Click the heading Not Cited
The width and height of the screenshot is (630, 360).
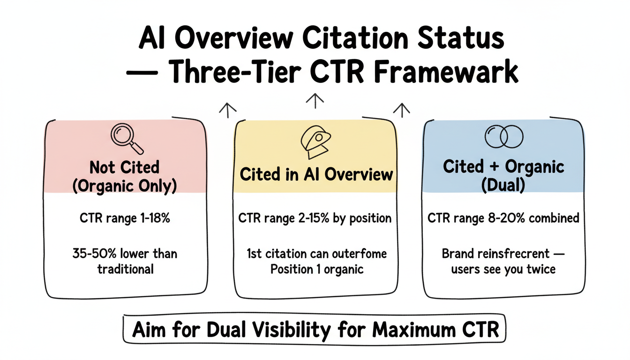coord(124,167)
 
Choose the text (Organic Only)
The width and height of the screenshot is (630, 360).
coord(124,186)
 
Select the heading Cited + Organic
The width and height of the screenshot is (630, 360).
coord(503,166)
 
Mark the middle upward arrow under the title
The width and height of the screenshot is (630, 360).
coord(315,99)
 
